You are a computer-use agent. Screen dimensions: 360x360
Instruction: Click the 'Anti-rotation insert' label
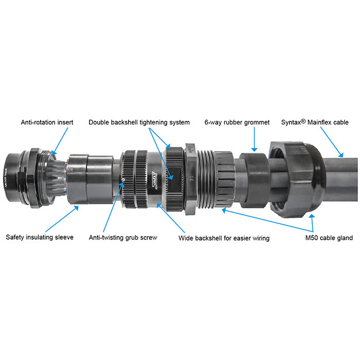pyautogui.click(x=47, y=122)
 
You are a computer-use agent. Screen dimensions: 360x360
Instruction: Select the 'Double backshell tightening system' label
pyautogui.click(x=139, y=122)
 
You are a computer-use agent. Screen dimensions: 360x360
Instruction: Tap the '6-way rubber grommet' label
pyautogui.click(x=237, y=122)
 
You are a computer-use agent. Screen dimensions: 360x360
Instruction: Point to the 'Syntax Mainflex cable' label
pyautogui.click(x=315, y=122)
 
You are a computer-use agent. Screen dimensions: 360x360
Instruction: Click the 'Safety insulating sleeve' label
pyautogui.click(x=40, y=237)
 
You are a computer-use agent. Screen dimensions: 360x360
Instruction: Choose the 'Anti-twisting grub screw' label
pyautogui.click(x=123, y=238)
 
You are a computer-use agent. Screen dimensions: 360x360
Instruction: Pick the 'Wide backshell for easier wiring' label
pyautogui.click(x=224, y=238)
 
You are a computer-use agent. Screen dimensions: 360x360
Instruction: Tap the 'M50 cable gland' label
pyautogui.click(x=329, y=238)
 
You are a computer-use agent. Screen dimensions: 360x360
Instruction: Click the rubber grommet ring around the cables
pyautogui.click(x=254, y=180)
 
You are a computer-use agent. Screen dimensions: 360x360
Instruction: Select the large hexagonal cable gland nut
pyautogui.click(x=296, y=179)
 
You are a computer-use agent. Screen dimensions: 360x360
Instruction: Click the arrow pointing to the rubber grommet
pyautogui.click(x=254, y=139)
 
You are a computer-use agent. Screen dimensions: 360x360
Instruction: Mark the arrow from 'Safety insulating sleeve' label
pyautogui.click(x=62, y=219)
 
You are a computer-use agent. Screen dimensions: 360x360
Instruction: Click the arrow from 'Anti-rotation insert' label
pyautogui.click(x=60, y=141)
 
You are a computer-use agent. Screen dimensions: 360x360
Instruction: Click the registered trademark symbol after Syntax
pyautogui.click(x=303, y=121)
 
